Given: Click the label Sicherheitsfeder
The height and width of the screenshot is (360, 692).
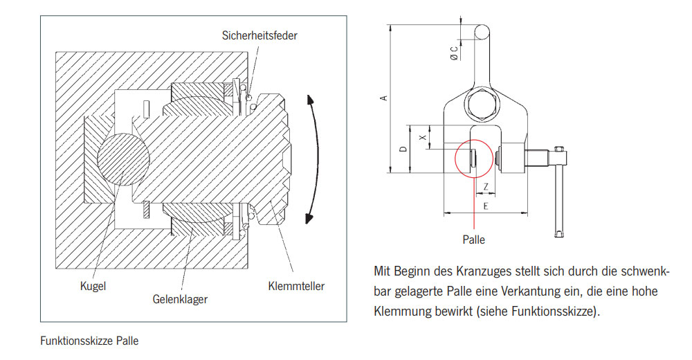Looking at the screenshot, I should point(259,35).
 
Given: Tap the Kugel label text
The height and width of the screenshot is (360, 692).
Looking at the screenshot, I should point(93,285).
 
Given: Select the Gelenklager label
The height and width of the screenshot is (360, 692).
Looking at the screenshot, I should point(180,299).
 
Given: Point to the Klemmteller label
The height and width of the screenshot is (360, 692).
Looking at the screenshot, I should point(295,285).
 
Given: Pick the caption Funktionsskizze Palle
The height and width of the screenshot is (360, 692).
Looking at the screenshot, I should point(89,341).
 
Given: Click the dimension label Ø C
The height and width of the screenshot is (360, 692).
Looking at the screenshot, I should point(454,53).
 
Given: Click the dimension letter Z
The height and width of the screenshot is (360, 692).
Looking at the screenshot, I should point(486,186).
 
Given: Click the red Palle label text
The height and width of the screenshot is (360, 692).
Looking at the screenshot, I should point(474,240).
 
